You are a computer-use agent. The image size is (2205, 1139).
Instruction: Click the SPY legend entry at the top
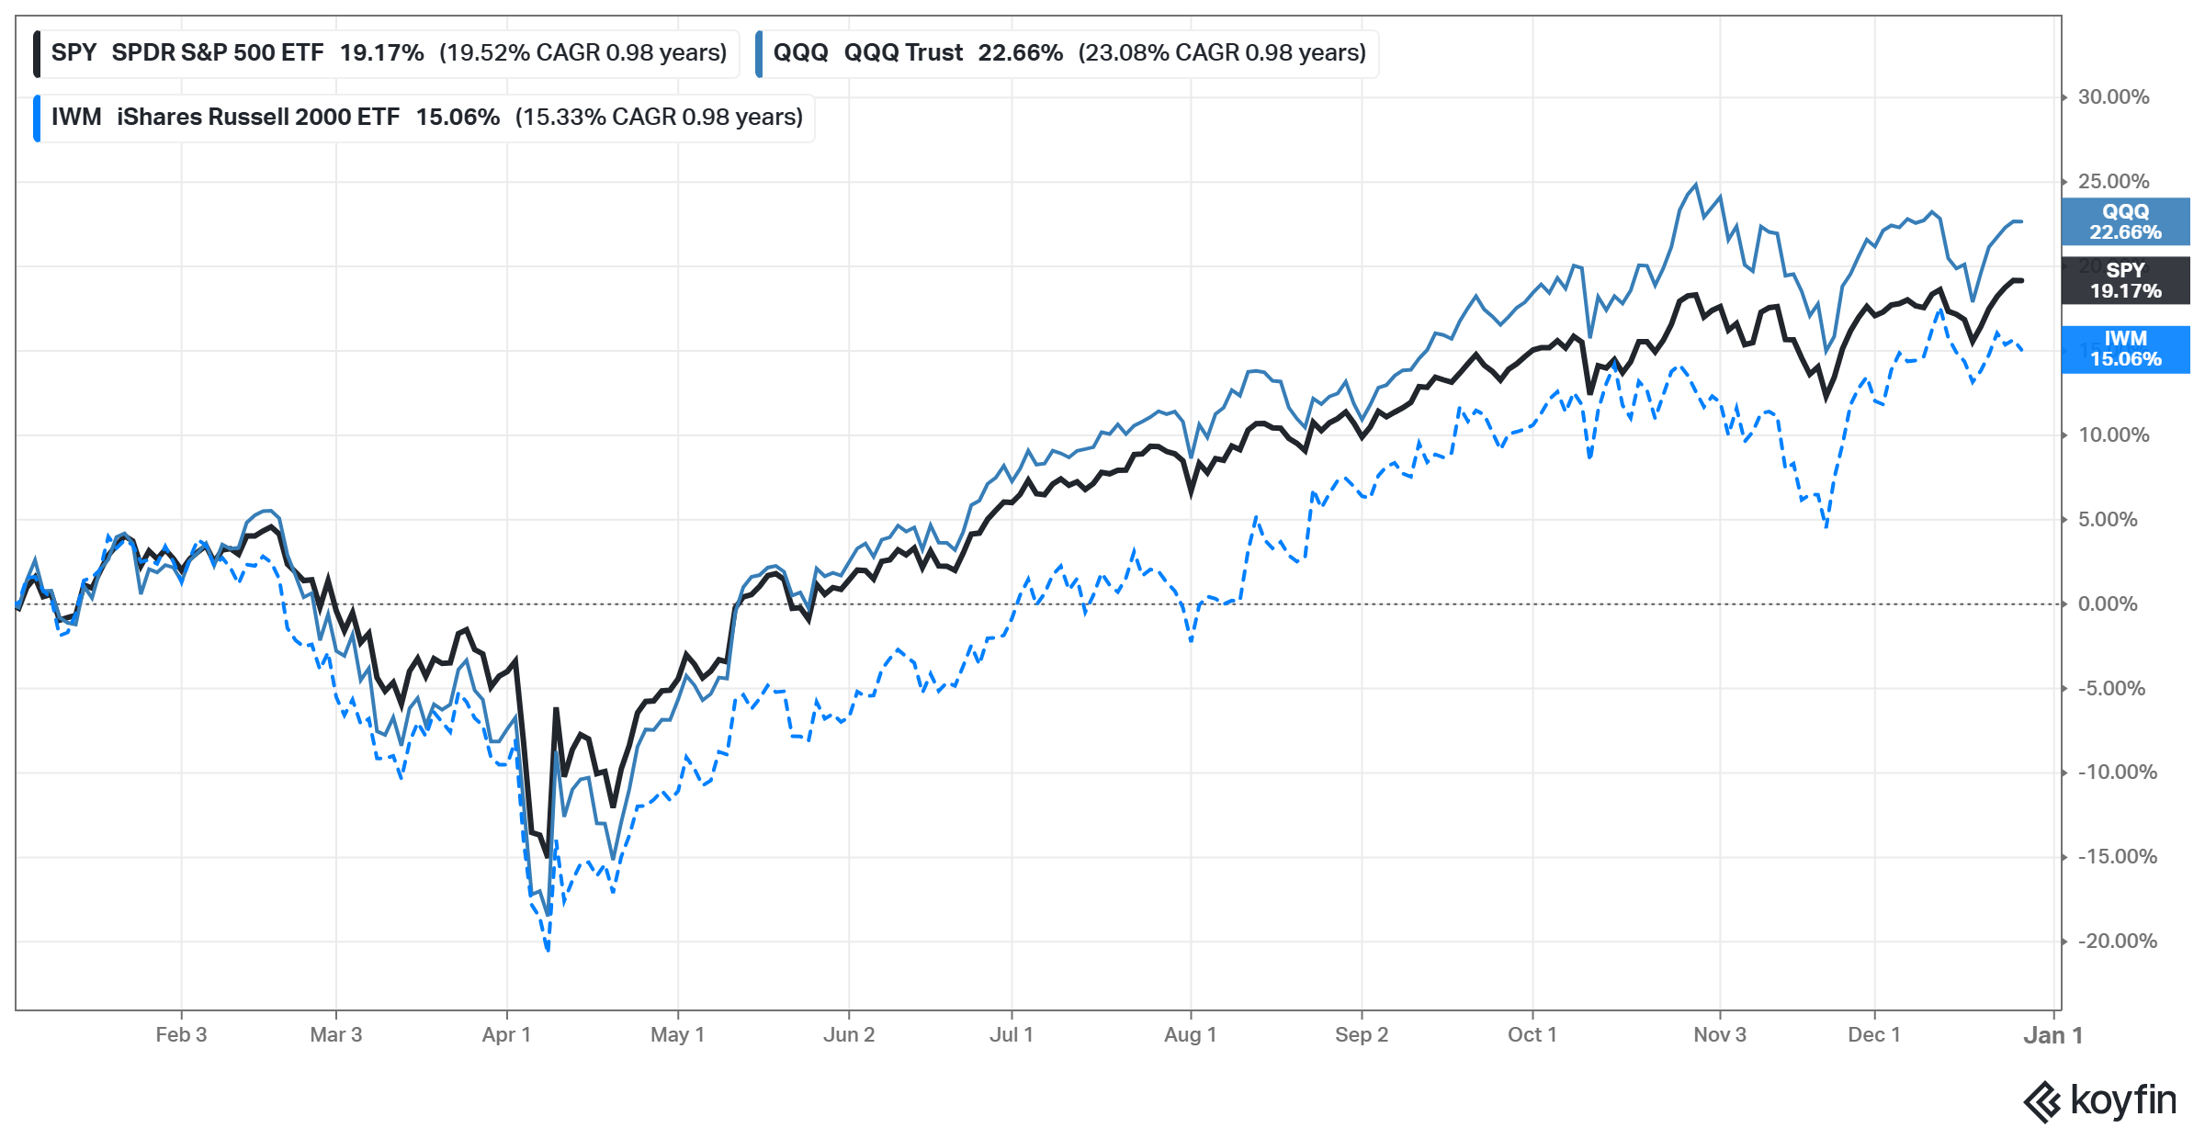pos(386,53)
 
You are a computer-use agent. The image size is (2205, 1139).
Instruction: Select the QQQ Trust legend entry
pos(1066,53)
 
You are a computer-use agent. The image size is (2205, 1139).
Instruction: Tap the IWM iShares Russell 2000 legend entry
pos(423,118)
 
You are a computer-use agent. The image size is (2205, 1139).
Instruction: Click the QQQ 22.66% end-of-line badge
pos(2125,222)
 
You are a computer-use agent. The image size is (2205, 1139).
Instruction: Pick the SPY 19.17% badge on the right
pos(2125,280)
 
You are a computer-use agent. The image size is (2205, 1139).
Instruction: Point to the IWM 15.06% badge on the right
pos(2125,349)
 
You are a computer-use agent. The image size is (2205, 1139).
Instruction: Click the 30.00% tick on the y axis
pos(2113,97)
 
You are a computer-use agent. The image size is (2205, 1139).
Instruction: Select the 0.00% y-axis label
pos(2108,604)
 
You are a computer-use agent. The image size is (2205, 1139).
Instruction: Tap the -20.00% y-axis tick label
pos(2117,942)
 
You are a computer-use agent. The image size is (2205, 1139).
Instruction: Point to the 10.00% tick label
pos(2113,435)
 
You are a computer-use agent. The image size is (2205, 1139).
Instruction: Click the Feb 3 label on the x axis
pos(181,1035)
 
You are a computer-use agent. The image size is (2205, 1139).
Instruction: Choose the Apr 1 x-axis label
pos(506,1035)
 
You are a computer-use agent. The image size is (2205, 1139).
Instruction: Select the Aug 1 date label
pos(1190,1035)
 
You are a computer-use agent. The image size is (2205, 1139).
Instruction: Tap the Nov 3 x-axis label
pos(1719,1035)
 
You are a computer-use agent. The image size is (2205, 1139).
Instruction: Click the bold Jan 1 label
pos(2052,1036)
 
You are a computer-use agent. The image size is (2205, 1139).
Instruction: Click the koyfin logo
pos(2100,1101)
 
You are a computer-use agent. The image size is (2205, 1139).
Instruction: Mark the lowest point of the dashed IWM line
pos(548,950)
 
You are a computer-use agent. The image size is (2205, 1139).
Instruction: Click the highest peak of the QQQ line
pos(1695,185)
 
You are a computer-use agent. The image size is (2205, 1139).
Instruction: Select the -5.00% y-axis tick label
pos(2111,689)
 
